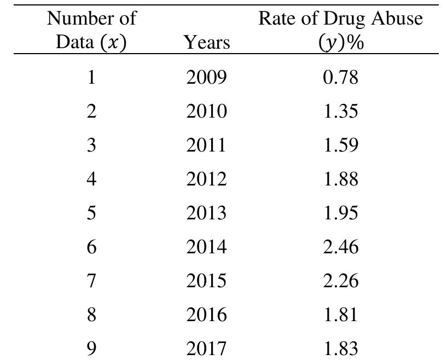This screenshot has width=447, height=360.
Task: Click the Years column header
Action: coord(206,42)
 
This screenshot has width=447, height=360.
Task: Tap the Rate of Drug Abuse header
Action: coord(340,30)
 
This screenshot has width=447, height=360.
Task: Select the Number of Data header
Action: coord(91,30)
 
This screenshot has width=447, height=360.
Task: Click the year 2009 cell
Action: coord(206,78)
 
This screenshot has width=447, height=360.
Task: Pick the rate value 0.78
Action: coord(340,78)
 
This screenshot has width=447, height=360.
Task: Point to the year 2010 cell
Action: coord(206,112)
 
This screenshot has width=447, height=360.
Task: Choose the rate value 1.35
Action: coord(340,112)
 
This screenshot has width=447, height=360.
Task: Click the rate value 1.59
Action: coord(340,146)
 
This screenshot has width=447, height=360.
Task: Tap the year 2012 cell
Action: coord(206,179)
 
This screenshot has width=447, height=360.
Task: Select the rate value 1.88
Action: coord(340,179)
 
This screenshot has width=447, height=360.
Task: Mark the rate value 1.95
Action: coord(340,213)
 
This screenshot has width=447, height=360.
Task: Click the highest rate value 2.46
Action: coord(340,247)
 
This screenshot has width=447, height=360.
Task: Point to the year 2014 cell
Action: coord(206,247)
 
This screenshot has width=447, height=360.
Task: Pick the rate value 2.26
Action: coord(340,281)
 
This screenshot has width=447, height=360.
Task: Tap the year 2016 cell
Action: coord(206,315)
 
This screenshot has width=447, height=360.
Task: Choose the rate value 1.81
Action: coord(340,315)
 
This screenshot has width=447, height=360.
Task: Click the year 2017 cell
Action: coord(206,349)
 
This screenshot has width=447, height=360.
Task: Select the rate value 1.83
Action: coord(340,349)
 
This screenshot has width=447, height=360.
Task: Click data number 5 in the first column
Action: coord(91,213)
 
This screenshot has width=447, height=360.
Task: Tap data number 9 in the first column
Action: coord(91,349)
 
